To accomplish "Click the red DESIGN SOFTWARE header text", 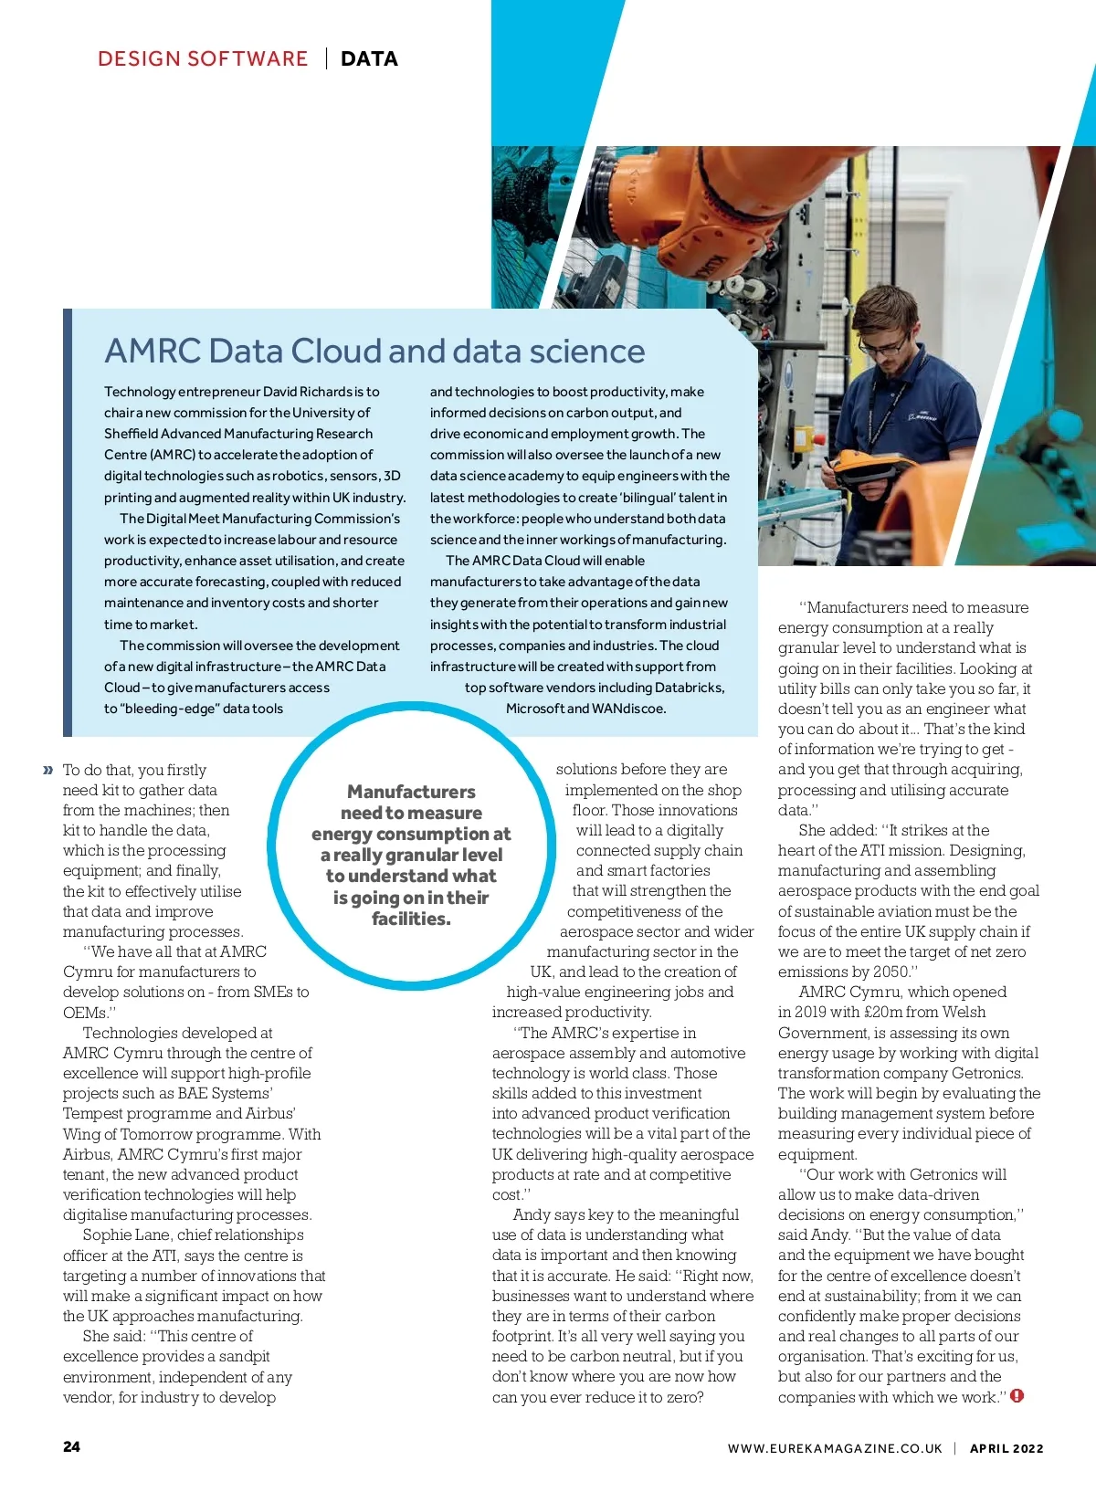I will [203, 59].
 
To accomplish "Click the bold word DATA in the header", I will [369, 59].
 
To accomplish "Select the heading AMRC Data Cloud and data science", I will [374, 352].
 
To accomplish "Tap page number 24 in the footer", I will [71, 1446].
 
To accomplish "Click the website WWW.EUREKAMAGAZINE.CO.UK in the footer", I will [835, 1448].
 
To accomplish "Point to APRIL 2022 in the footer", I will [1006, 1448].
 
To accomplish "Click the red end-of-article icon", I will [1017, 1396].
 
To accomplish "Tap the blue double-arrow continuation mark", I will [48, 771].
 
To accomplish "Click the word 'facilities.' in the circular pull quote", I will [411, 919].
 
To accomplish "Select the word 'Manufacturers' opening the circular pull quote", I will [411, 792].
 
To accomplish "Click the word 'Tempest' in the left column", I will [91, 1114].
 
